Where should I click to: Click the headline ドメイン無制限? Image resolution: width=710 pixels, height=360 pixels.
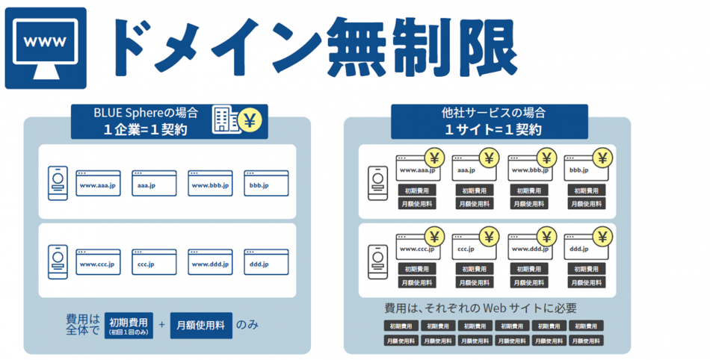pos(309,46)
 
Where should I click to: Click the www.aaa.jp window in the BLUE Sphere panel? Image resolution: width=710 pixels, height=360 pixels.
pos(96,184)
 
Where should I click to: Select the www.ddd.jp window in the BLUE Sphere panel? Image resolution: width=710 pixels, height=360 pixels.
pos(210,263)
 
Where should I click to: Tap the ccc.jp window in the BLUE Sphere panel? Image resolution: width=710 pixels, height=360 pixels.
pos(154,263)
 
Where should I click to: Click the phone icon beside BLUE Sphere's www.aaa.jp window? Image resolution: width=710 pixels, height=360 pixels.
pos(57,183)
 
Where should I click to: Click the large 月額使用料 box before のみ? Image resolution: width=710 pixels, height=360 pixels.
pos(201,325)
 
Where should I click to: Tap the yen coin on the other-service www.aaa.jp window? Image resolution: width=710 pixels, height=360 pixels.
pos(433,158)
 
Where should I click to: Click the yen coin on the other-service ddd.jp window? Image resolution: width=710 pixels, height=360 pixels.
pos(602,237)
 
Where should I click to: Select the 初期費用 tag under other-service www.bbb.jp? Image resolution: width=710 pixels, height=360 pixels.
pos(530,190)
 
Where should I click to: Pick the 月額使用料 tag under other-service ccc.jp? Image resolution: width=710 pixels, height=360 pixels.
pos(474,283)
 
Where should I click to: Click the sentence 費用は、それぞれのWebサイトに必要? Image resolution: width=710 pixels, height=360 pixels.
pos(481,308)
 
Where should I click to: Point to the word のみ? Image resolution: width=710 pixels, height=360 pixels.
pos(247,325)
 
